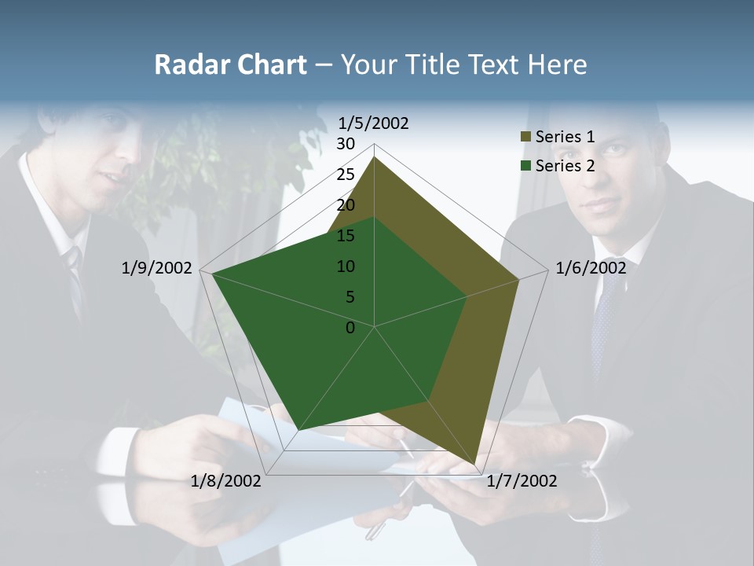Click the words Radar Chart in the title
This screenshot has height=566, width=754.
click(x=230, y=64)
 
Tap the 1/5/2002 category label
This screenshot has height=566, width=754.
click(x=374, y=123)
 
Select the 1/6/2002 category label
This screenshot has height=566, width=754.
click(x=591, y=268)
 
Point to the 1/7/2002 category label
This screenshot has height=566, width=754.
click(x=522, y=481)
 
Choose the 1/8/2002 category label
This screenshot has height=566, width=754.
click(x=226, y=481)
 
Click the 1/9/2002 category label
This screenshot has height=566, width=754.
click(x=157, y=268)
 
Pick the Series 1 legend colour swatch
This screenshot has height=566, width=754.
click(x=525, y=138)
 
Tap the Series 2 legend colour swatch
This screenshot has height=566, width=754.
click(x=525, y=166)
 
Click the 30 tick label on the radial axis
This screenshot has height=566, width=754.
click(x=346, y=144)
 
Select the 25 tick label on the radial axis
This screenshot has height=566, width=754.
click(x=346, y=175)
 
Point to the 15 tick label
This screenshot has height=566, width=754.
click(x=346, y=236)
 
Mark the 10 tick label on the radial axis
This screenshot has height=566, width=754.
click(x=346, y=266)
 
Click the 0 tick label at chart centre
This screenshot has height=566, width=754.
click(x=350, y=328)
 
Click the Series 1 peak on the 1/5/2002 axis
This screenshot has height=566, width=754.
click(x=375, y=157)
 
